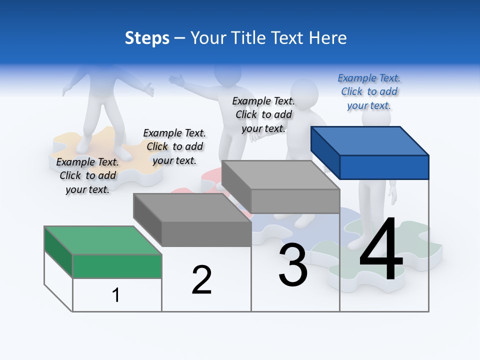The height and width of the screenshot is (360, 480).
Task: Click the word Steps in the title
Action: tap(147, 38)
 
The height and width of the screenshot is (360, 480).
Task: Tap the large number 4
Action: tap(381, 249)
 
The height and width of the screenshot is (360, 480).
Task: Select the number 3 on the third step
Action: tap(293, 265)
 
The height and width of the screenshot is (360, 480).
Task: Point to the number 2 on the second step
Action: tap(201, 280)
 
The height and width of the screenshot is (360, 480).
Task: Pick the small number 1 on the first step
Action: tap(116, 295)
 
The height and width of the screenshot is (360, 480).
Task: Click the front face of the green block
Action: tap(117, 266)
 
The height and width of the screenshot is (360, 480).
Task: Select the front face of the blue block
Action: tap(384, 167)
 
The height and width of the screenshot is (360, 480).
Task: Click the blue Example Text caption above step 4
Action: tap(369, 91)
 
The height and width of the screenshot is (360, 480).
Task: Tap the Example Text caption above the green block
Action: tap(87, 175)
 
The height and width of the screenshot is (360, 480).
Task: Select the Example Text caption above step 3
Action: tap(263, 114)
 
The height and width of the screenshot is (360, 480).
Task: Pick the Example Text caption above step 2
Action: tap(174, 146)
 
